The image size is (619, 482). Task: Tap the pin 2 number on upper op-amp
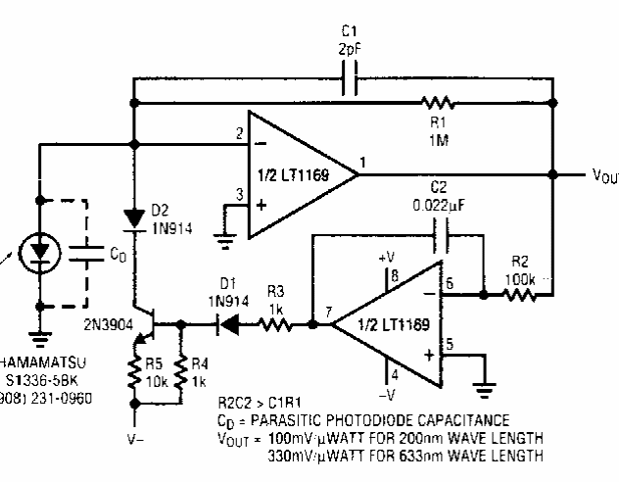pyautogui.click(x=238, y=133)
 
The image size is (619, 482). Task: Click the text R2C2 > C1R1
pyautogui.click(x=257, y=403)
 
